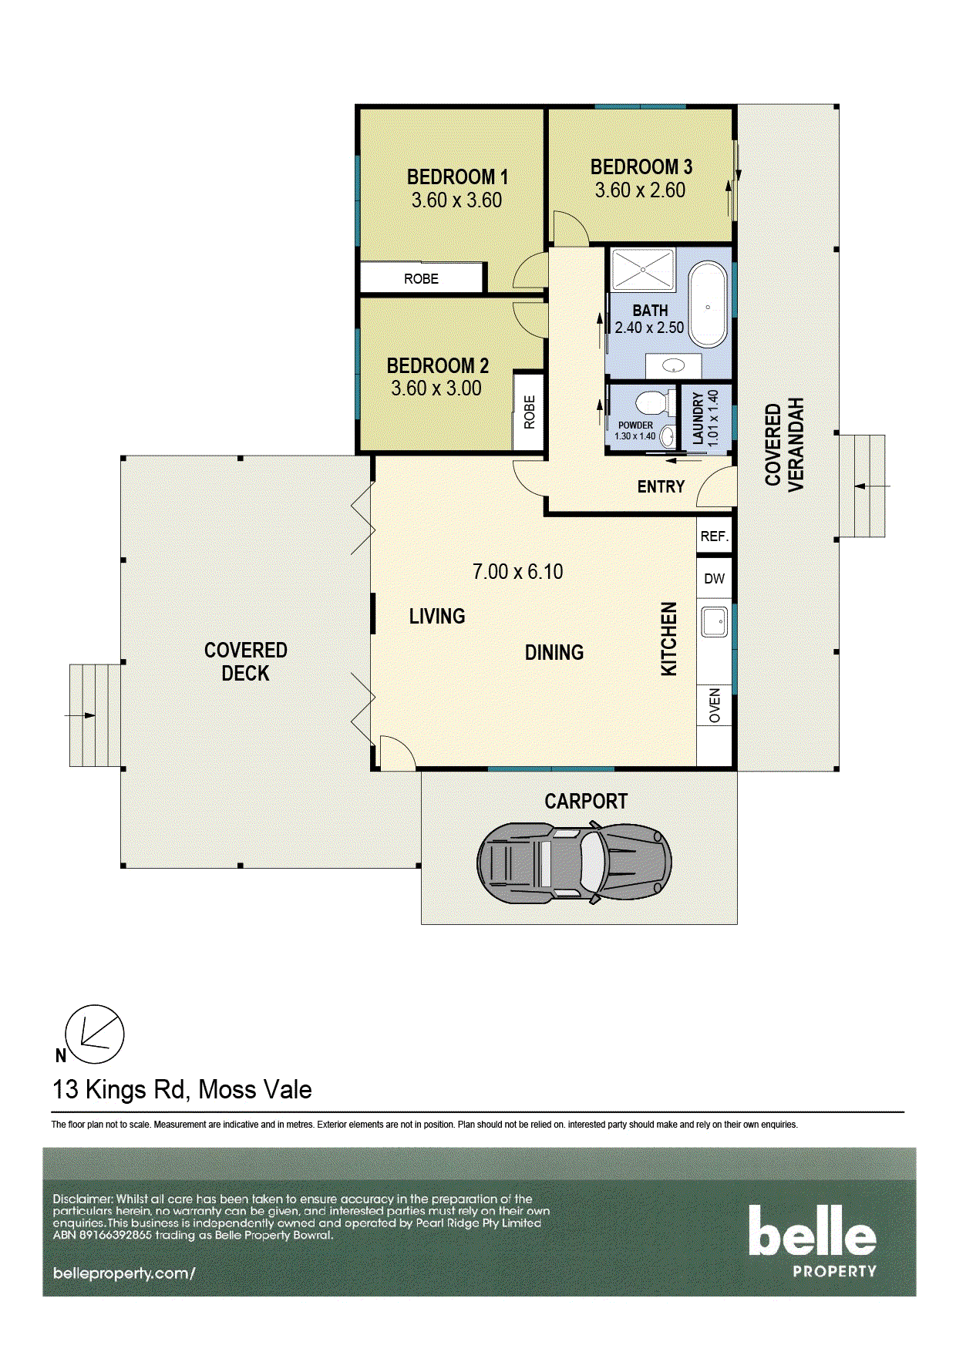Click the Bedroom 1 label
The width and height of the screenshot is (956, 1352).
pyautogui.click(x=457, y=177)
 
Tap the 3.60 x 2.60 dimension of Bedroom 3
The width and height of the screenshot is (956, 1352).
pyautogui.click(x=640, y=190)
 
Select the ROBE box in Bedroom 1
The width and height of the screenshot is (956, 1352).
pyautogui.click(x=422, y=278)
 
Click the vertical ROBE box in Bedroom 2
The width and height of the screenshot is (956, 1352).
pyautogui.click(x=529, y=412)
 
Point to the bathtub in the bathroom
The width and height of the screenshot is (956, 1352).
pyautogui.click(x=707, y=306)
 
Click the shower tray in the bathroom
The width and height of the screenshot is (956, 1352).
pyautogui.click(x=643, y=270)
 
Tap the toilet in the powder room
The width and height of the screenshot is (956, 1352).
pyautogui.click(x=652, y=403)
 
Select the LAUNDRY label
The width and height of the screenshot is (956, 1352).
pyautogui.click(x=698, y=417)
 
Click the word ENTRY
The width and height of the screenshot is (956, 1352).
pyautogui.click(x=661, y=487)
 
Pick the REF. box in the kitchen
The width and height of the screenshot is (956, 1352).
pyautogui.click(x=715, y=536)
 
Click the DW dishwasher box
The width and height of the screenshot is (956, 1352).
pyautogui.click(x=715, y=579)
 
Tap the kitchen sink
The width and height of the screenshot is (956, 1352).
pyautogui.click(x=714, y=621)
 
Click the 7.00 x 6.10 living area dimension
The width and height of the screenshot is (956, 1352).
pyautogui.click(x=517, y=572)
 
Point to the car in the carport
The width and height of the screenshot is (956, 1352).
pyautogui.click(x=574, y=863)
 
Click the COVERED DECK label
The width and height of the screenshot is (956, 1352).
pyautogui.click(x=245, y=661)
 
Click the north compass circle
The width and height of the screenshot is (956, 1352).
pyautogui.click(x=94, y=1034)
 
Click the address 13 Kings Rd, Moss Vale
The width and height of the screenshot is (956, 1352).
pyautogui.click(x=182, y=1090)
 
